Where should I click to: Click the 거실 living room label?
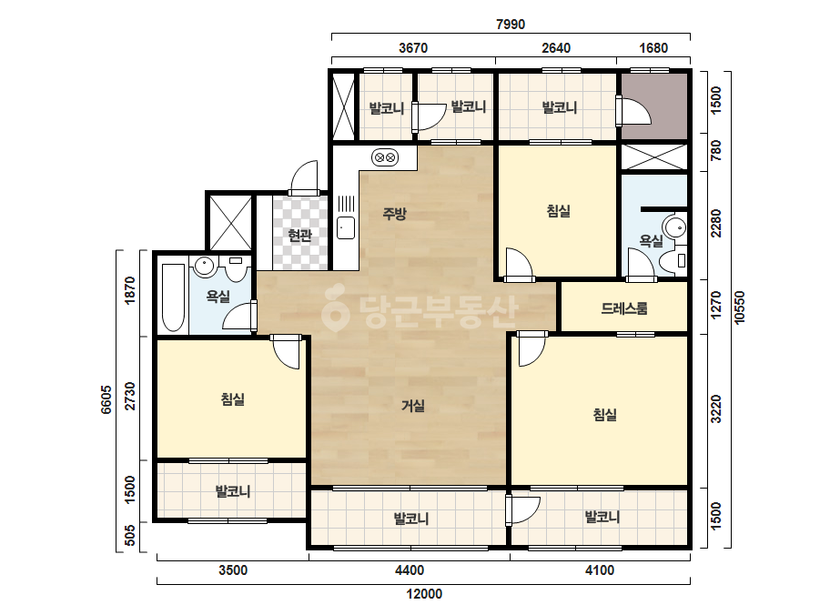tap(413, 406)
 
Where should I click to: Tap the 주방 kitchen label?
tap(394, 214)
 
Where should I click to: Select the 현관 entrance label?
tap(299, 235)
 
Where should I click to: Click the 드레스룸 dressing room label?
tap(624, 308)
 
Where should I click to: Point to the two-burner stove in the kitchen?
tap(385, 157)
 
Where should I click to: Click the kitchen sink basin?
tap(346, 227)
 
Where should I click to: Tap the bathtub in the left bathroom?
tap(173, 297)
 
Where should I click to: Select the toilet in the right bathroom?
tap(673, 261)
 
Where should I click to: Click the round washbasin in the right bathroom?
tap(674, 227)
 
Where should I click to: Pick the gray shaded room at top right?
tap(654, 106)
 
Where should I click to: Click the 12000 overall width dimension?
tap(424, 593)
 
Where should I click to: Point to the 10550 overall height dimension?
tap(739, 307)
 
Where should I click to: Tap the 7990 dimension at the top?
tap(511, 24)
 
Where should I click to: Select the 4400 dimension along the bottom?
tap(410, 570)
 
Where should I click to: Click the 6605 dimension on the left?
tap(106, 399)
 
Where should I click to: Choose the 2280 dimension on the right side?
tap(715, 224)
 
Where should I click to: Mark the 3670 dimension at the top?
tap(413, 48)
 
